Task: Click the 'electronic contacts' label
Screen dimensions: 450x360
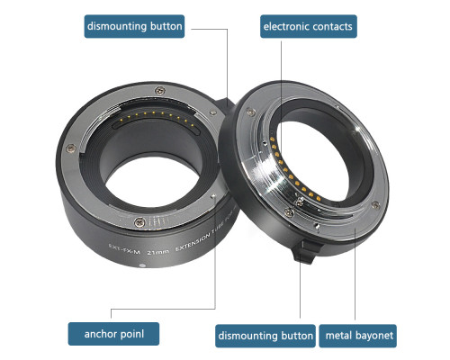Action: pyautogui.click(x=308, y=26)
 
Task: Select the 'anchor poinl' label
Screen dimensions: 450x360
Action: pyautogui.click(x=113, y=334)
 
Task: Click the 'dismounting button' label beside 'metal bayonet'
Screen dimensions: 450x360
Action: pyautogui.click(x=265, y=336)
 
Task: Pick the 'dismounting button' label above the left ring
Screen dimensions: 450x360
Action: pyautogui.click(x=134, y=26)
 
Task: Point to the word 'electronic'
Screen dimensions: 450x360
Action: pyautogui.click(x=283, y=26)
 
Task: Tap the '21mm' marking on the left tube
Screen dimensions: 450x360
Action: pyautogui.click(x=158, y=252)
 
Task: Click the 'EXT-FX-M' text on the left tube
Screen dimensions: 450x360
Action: pyautogui.click(x=124, y=248)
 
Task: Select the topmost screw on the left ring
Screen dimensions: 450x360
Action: pyautogui.click(x=159, y=90)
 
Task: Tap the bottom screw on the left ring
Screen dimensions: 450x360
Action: pyautogui.click(x=139, y=222)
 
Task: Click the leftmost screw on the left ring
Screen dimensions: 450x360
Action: pyautogui.click(x=71, y=148)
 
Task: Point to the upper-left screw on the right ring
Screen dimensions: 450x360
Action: pyautogui.click(x=251, y=112)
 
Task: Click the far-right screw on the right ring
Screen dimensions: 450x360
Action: pyautogui.click(x=375, y=205)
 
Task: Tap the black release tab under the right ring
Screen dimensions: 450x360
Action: pyautogui.click(x=307, y=251)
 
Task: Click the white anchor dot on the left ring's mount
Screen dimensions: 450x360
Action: pyautogui.click(x=213, y=196)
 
